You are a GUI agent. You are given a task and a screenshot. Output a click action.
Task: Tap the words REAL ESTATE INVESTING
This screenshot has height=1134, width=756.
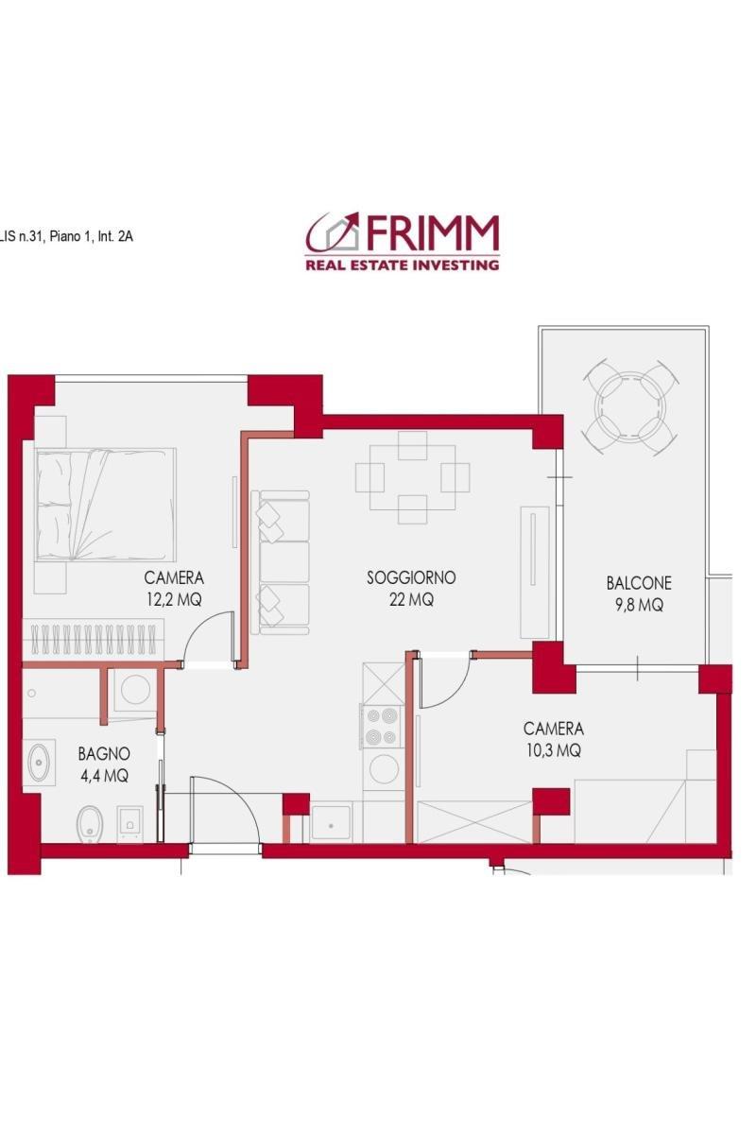tap(402, 265)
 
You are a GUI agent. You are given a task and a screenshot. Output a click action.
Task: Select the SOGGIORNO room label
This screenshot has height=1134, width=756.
tap(411, 577)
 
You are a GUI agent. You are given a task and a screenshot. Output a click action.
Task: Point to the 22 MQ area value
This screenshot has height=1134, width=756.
tap(411, 600)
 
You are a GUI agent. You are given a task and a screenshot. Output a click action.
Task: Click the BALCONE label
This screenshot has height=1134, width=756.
tap(639, 583)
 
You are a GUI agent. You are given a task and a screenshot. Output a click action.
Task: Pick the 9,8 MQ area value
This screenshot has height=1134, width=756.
tap(639, 606)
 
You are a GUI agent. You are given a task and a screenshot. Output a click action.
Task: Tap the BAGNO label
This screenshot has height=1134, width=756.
tap(104, 754)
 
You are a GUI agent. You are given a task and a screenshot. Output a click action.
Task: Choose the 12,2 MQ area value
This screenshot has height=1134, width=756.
tap(174, 600)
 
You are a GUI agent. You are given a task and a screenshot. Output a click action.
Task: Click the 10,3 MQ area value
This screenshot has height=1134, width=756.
tap(554, 750)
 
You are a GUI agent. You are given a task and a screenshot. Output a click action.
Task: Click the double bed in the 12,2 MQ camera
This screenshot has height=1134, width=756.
tap(105, 505)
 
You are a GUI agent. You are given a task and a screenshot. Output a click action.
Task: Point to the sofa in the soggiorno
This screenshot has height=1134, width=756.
tap(280, 562)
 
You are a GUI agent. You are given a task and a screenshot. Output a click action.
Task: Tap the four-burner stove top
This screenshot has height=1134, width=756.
tap(381, 727)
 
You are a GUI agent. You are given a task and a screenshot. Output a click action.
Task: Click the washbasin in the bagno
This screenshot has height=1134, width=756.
tap(39, 762)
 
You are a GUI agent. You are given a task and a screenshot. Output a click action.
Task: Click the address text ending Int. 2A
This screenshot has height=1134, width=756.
tap(66, 236)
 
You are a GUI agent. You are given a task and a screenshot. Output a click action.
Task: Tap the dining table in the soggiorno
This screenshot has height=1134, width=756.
tap(412, 477)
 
